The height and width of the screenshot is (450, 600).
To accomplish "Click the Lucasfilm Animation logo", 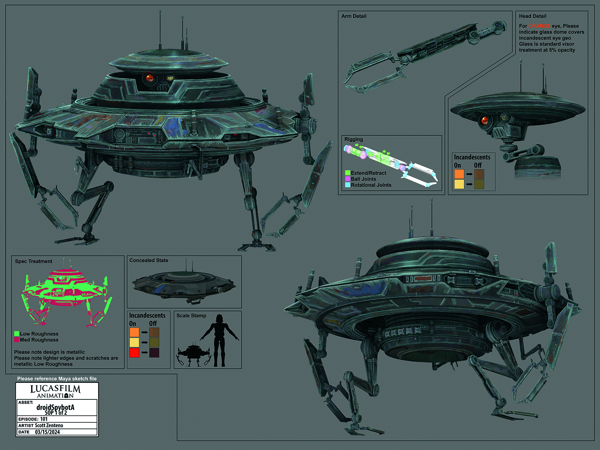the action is coord(55,391).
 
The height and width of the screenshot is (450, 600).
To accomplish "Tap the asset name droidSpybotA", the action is coord(55,407).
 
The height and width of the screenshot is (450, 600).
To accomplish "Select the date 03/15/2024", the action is coord(47,432).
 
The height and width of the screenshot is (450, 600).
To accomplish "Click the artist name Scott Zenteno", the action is coord(49,425).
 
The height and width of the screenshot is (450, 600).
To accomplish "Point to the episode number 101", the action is coord(44,419).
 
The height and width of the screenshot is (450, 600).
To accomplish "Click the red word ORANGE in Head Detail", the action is coord(539,26).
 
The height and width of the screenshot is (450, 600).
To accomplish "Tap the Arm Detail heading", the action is coord(354,16).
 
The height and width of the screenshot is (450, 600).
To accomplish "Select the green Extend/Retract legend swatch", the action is coord(347,172).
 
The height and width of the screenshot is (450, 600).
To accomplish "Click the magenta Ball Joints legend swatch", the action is coord(347,179).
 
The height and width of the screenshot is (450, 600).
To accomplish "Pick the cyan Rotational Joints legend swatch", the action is coord(347,185).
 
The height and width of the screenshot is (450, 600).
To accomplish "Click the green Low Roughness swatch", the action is coord(16,334).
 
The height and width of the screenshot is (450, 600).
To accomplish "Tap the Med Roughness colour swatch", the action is coord(16,340).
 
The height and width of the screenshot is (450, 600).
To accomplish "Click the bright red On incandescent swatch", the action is coord(134,352).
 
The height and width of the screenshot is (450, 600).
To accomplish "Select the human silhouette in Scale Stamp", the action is coord(219,340).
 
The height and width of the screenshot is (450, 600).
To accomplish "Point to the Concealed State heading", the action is coord(149,260).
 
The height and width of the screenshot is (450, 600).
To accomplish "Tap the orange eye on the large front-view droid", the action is coord(150,78).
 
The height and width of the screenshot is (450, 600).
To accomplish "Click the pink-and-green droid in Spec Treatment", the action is coord(66,292).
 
